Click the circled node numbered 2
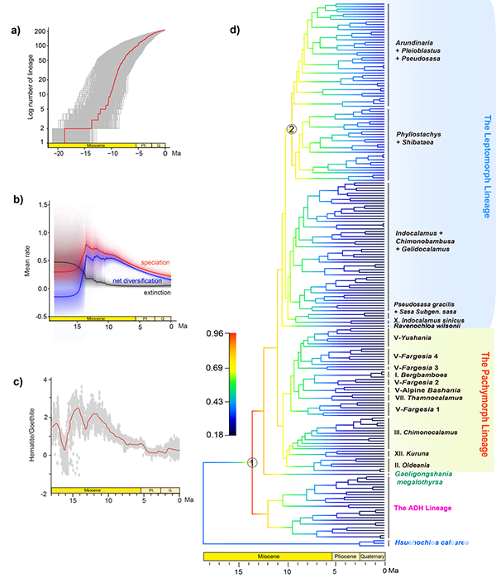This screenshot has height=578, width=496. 291,129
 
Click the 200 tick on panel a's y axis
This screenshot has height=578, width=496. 38,32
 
